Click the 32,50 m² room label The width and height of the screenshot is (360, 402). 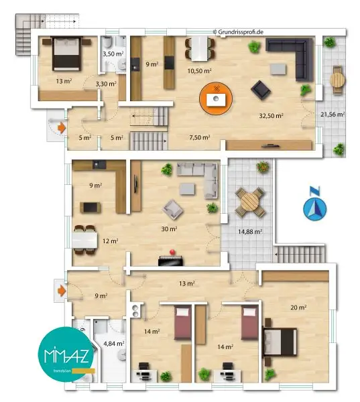pos(271,115)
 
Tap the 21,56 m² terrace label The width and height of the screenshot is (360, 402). pos(333,115)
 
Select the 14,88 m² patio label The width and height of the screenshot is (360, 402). pos(250,232)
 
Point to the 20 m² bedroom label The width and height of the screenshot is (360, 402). pos(298,307)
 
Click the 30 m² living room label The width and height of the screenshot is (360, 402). pos(169,229)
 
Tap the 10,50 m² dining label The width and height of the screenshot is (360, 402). pos(200,70)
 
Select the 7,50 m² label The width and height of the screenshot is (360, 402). pos(200,137)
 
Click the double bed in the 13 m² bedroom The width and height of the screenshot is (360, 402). pos(64,53)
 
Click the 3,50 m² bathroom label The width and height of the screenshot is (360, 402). pos(112,54)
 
